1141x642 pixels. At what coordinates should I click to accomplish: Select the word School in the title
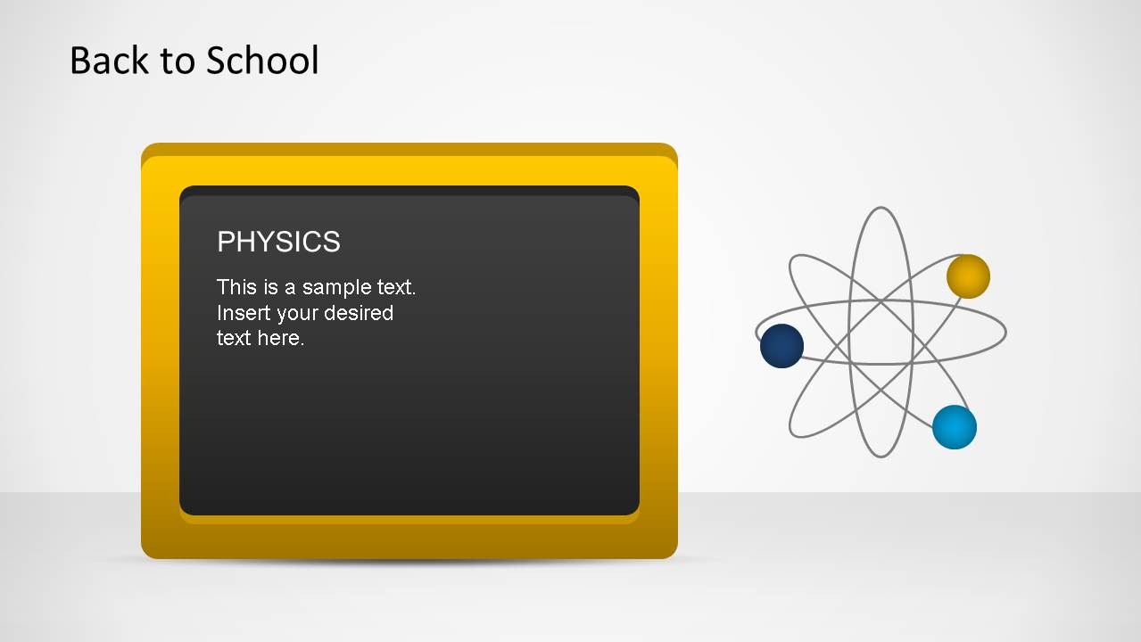(262, 61)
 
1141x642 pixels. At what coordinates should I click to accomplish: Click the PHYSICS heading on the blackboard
(278, 242)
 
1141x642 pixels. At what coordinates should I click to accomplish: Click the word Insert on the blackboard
(236, 313)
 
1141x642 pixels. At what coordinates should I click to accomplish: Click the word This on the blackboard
(236, 287)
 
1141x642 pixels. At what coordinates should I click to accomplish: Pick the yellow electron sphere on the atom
(968, 276)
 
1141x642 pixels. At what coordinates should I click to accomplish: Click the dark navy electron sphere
(781, 346)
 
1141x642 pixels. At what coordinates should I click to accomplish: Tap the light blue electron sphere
(955, 427)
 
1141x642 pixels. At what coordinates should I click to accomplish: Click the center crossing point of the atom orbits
(881, 333)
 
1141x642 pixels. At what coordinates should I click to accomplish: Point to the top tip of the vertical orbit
(881, 209)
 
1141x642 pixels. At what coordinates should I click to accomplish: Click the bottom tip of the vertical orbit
(881, 457)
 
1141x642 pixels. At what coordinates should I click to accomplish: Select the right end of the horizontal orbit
(1005, 333)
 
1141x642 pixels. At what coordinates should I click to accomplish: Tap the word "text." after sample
(395, 287)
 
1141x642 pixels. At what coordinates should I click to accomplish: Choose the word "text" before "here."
(234, 338)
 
